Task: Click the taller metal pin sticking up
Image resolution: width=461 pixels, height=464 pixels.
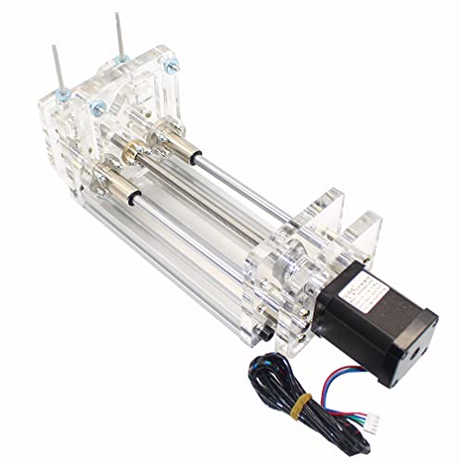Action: tap(122, 36)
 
